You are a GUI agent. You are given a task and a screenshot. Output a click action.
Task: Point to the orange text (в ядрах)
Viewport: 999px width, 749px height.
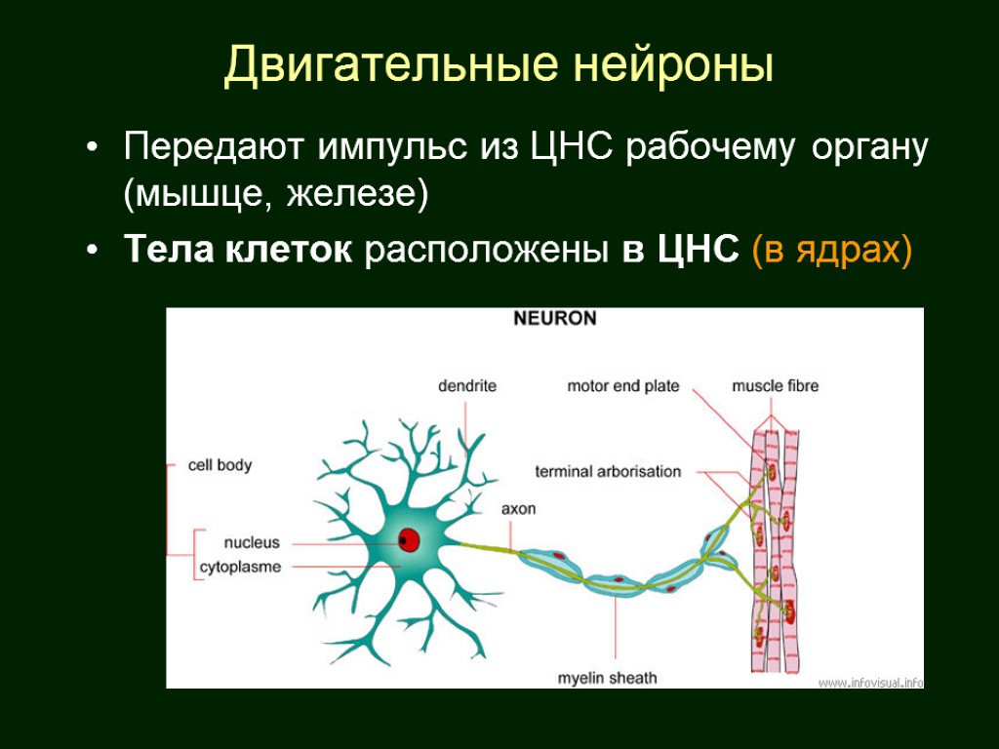pos(831,250)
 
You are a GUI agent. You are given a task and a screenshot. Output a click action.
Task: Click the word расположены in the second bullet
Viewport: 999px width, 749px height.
pos(488,250)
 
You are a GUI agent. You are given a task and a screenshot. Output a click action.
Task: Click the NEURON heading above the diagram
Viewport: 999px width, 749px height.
pos(555,319)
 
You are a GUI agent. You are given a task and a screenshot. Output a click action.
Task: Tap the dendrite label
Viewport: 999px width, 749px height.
pos(466,386)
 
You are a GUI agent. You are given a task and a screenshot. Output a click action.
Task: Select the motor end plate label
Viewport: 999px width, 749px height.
pos(623,386)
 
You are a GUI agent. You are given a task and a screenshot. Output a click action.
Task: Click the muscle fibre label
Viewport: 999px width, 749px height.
pos(776,386)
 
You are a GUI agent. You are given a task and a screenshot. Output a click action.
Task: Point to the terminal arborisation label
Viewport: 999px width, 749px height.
pos(608,472)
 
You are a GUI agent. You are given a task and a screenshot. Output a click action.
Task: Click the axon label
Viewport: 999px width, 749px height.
pos(518,509)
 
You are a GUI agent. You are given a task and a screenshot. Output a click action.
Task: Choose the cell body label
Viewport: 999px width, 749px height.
pos(220,465)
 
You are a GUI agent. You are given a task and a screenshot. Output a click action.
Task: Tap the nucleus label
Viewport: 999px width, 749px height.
pos(252,542)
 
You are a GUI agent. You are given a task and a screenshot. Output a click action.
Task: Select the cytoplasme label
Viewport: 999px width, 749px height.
pos(240,567)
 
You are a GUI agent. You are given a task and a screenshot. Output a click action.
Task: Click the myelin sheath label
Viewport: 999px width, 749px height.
pos(607,678)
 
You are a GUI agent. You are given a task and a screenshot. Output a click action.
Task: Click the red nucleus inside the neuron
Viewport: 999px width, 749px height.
pos(408,539)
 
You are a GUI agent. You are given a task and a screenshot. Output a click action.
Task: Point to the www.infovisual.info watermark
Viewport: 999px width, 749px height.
pos(870,682)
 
